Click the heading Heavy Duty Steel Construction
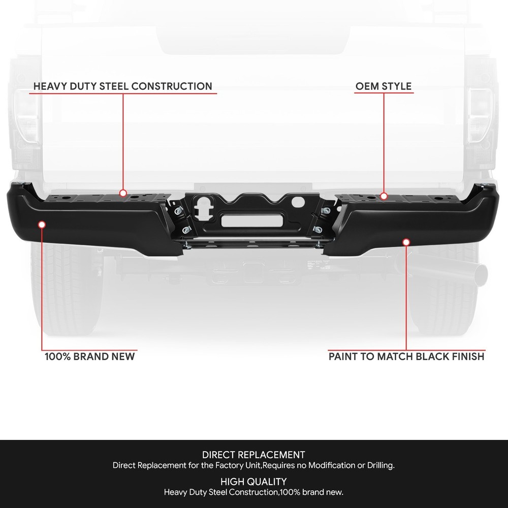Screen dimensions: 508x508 (x=123, y=86)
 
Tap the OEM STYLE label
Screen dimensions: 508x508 (x=384, y=86)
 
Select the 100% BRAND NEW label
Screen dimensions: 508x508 (x=89, y=357)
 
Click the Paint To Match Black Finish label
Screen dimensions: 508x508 (x=406, y=357)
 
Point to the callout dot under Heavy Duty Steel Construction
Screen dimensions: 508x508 (x=123, y=193)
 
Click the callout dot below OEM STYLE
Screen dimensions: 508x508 (x=384, y=196)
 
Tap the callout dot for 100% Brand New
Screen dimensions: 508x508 (x=42, y=225)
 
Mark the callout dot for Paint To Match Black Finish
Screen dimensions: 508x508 (x=406, y=242)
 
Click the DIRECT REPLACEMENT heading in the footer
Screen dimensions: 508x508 (x=253, y=455)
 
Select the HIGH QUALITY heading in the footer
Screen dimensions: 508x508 (x=253, y=482)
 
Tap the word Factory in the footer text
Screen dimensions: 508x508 (x=229, y=465)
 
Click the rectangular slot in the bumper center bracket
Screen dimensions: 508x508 (x=251, y=221)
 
